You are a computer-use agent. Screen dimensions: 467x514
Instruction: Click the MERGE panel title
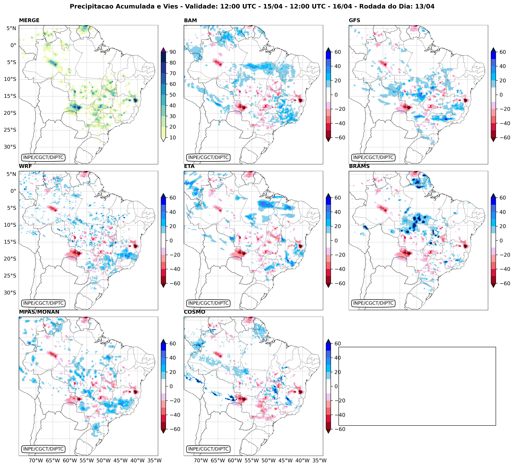pos(29,20)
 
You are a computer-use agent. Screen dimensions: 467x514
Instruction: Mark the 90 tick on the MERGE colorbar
pos(173,52)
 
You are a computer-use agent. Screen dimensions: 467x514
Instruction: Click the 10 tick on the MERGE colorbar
pos(173,137)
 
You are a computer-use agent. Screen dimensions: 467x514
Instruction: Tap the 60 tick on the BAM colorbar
pos(338,52)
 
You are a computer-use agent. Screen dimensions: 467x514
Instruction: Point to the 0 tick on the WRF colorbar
pos(171,241)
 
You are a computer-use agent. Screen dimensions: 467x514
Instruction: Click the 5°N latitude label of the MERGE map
pos(11,28)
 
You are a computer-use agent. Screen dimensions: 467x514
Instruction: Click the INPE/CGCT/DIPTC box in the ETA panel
pos(208,303)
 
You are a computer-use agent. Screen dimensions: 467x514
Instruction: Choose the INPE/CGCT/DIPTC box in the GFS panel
pos(373,157)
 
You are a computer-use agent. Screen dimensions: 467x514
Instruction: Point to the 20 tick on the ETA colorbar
pos(338,226)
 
